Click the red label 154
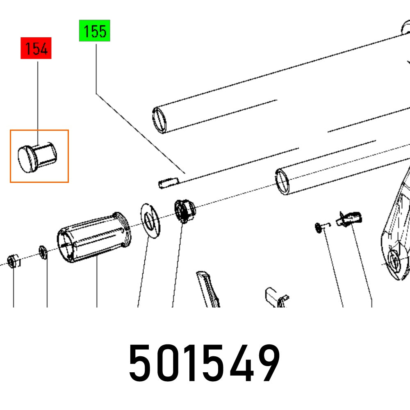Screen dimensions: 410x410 tap(36, 49)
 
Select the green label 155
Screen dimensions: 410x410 tap(95, 32)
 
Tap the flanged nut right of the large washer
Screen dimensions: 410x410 tap(184, 210)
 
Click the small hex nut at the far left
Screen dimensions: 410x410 tap(12, 260)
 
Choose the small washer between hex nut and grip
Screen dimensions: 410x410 tap(43, 253)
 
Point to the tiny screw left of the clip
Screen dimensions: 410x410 tap(322, 226)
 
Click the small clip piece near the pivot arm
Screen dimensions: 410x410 tap(349, 218)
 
